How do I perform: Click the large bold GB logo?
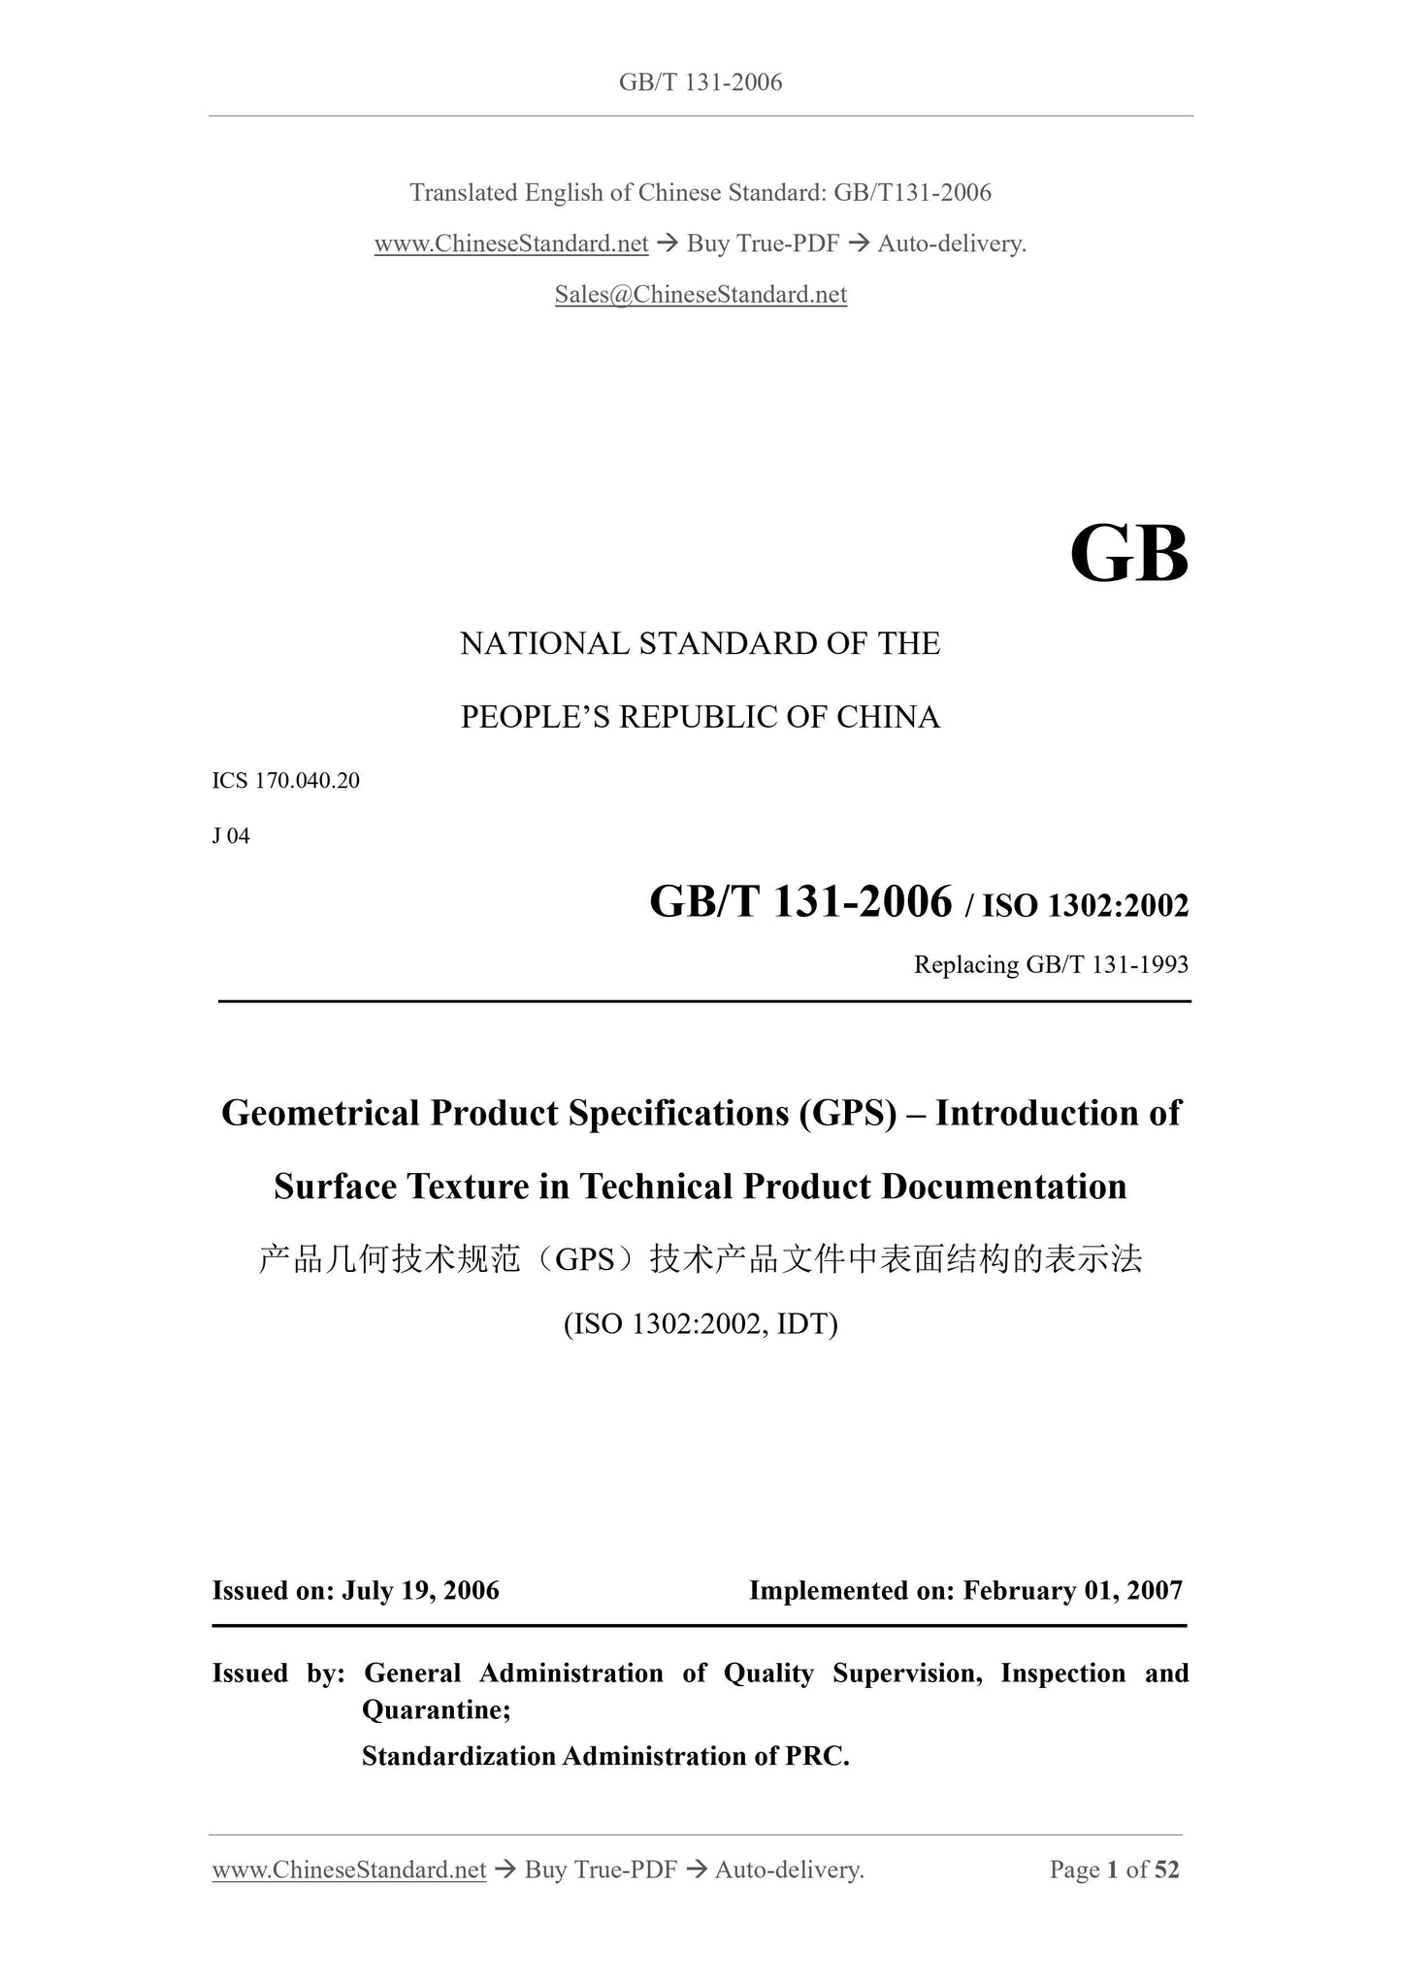point(1128,555)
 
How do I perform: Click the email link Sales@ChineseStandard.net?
point(701,295)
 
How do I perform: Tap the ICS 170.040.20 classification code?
point(286,781)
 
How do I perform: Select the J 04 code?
point(231,836)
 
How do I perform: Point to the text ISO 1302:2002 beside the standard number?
point(1085,906)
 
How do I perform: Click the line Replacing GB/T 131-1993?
point(1051,965)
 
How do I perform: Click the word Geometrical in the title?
point(321,1113)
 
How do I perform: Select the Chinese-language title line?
point(701,1259)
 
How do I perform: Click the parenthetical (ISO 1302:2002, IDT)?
point(701,1324)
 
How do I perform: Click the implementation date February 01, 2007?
point(1073,1591)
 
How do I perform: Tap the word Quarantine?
point(437,1709)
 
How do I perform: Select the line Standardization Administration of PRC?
point(605,1756)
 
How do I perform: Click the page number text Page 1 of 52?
point(1114,1869)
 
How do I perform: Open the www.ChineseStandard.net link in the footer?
point(349,1869)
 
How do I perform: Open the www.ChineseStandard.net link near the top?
point(511,244)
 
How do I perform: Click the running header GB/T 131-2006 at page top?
point(701,82)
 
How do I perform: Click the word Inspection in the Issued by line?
point(1063,1674)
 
